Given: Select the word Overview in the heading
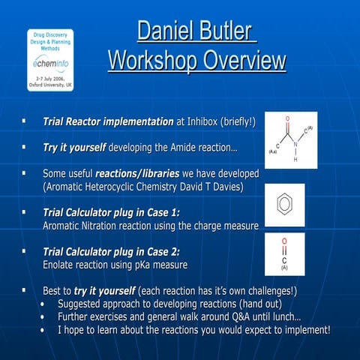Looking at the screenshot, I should [244, 61].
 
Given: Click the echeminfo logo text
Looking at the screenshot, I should [51, 64].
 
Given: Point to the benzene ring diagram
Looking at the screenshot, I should [284, 205].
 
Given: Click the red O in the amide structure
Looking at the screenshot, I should [287, 119].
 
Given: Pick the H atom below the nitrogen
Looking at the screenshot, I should [295, 159].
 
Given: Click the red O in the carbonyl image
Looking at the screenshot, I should [284, 242].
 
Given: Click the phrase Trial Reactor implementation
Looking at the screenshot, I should [108, 121].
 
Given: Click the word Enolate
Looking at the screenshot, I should [61, 265].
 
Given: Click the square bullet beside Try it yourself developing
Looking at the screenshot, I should [25, 146].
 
